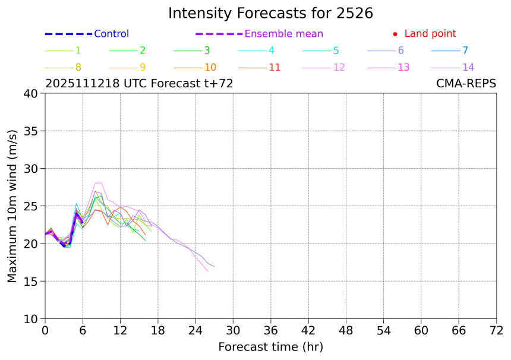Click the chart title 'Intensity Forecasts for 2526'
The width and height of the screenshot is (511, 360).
tap(270, 13)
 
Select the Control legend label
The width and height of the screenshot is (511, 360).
tap(111, 34)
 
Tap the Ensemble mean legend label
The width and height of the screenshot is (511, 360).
tap(284, 34)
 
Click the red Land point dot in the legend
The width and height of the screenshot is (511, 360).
tap(395, 34)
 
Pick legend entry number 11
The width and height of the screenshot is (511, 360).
tap(275, 67)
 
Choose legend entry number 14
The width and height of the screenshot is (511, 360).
tap(468, 67)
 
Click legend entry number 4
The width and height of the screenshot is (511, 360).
tap(272, 50)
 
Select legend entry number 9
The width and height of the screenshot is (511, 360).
tap(143, 67)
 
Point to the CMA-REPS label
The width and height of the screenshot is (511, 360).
tap(466, 84)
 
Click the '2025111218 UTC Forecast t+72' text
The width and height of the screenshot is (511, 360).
tap(139, 84)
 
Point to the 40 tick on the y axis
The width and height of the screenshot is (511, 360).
tap(30, 93)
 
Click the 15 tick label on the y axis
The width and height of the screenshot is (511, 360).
tap(30, 281)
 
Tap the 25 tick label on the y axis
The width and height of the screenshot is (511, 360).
tap(30, 206)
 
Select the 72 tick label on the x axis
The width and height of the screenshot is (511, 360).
tap(496, 330)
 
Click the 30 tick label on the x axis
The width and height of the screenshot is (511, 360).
tap(233, 330)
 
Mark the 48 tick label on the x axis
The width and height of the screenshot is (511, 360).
tap(346, 330)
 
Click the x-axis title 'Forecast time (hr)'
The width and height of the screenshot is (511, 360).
tap(270, 346)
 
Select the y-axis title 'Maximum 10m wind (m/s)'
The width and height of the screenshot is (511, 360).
tap(12, 206)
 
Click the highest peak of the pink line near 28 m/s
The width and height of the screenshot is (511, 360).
tap(101, 182)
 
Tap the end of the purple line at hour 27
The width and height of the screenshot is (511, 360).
tap(214, 267)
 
